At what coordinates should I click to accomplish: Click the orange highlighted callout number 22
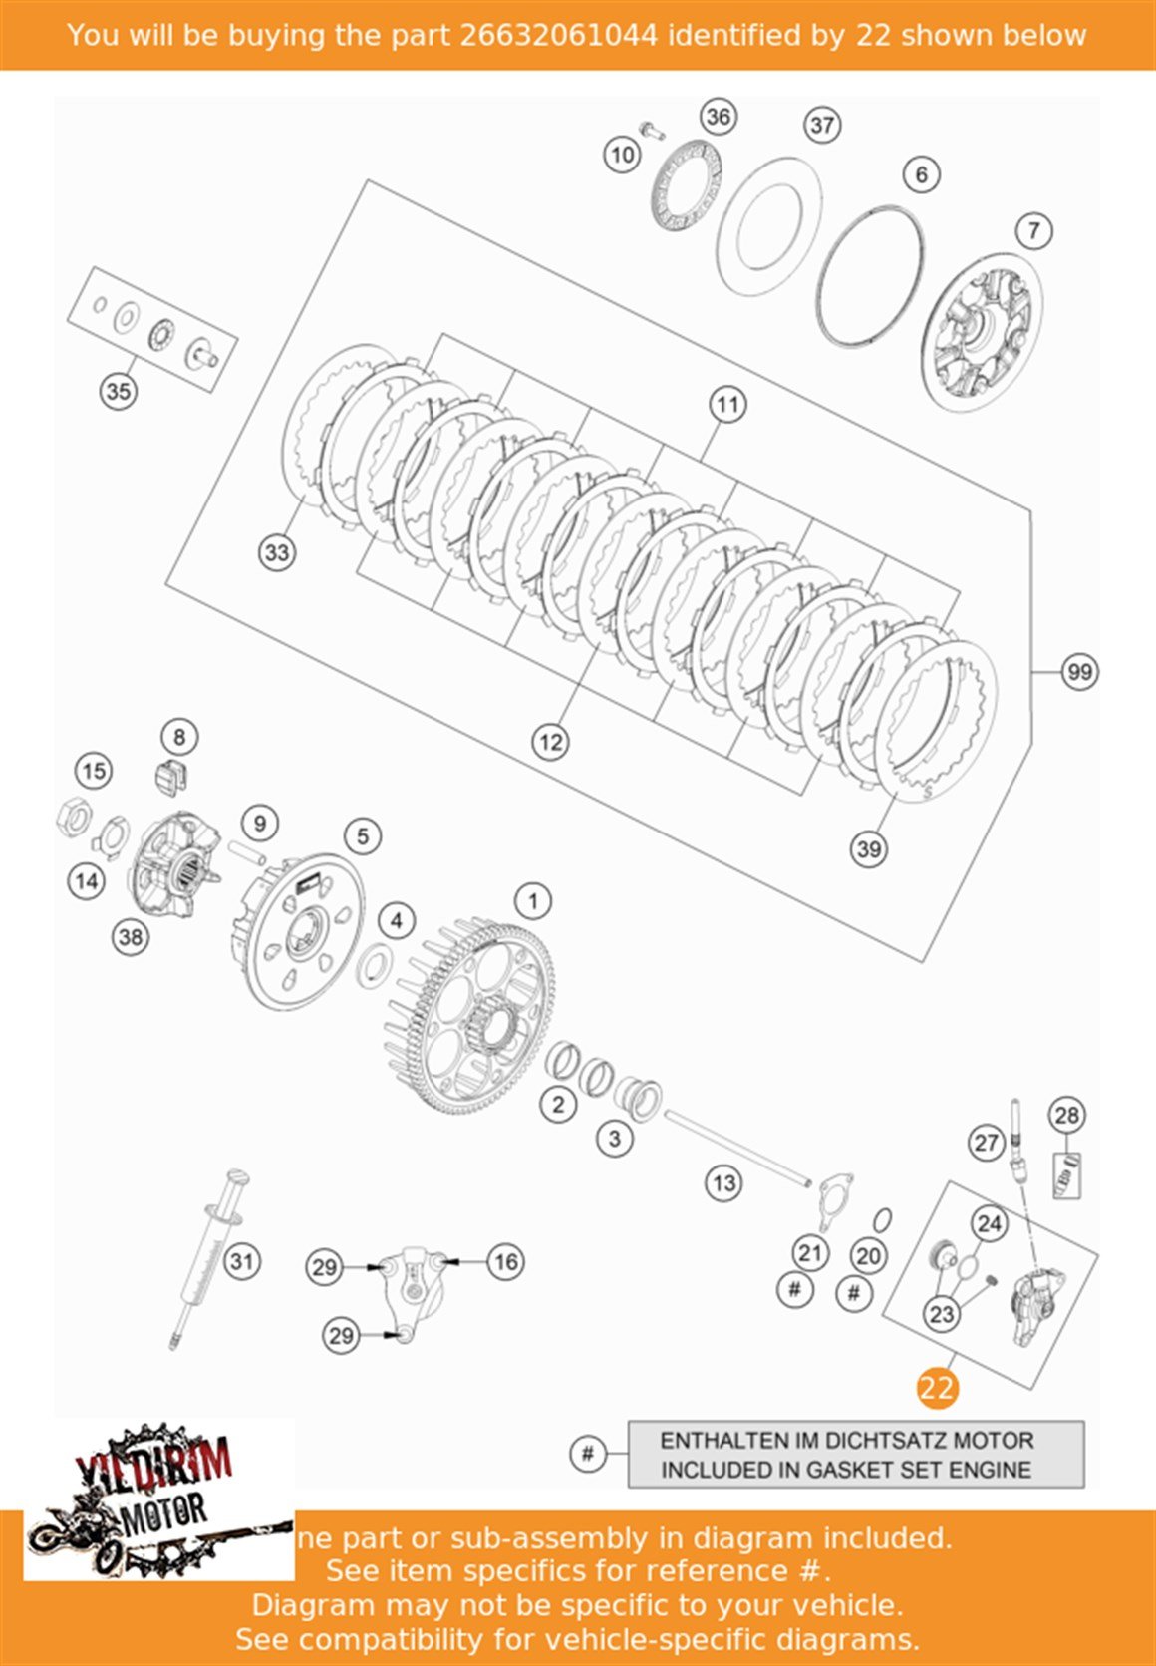937,1388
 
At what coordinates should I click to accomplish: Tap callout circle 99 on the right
1080,672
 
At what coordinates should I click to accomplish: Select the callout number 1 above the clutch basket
533,901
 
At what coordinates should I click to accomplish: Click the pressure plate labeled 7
982,332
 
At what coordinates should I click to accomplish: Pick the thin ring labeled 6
870,276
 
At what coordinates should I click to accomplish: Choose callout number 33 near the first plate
277,552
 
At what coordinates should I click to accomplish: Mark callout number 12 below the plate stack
550,742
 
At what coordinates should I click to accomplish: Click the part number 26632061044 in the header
558,35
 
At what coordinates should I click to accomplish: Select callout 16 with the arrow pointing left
506,1262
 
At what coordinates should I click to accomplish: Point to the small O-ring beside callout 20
882,1220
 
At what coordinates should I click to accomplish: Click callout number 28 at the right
1066,1115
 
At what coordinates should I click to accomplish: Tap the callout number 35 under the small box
118,391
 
